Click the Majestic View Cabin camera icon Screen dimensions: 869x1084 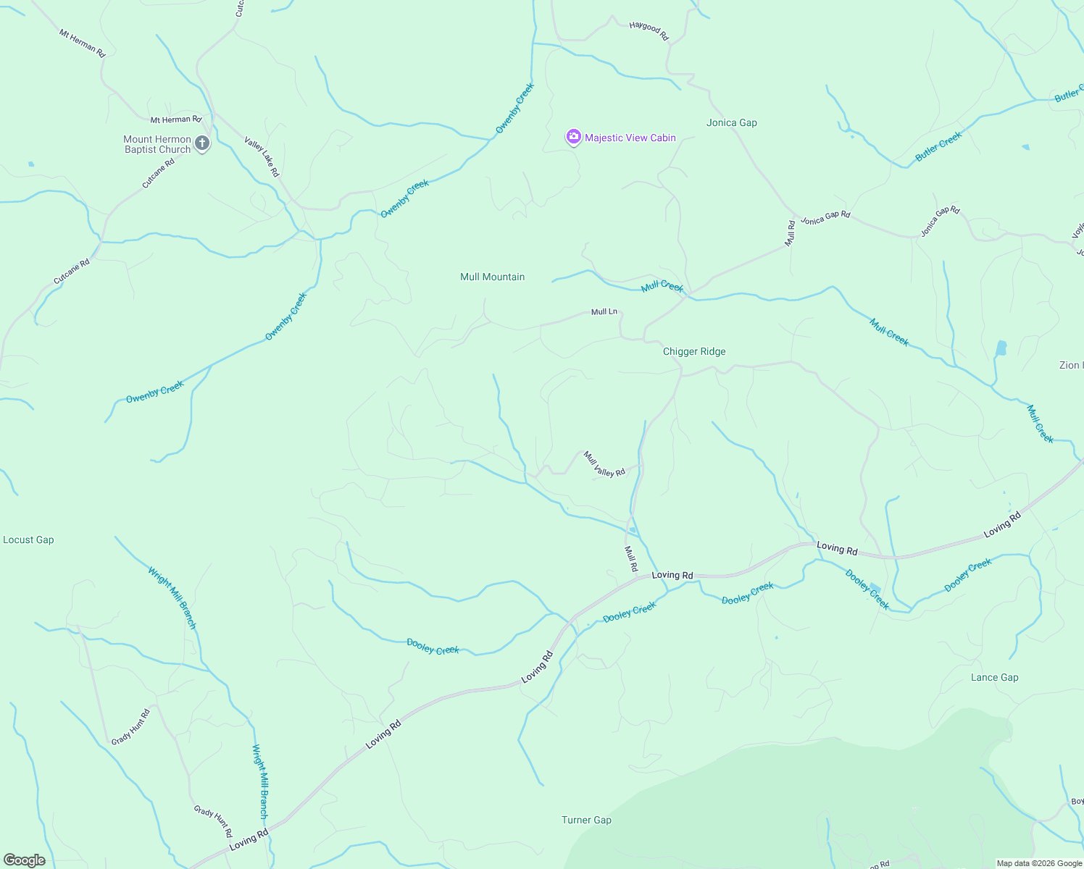click(x=573, y=137)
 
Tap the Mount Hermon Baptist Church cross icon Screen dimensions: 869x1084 click(x=202, y=143)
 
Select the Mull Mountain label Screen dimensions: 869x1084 click(x=492, y=277)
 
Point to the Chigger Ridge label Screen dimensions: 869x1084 click(x=693, y=351)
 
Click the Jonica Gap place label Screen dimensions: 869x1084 click(x=731, y=122)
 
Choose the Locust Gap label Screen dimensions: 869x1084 click(x=28, y=540)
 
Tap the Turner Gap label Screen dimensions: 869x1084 click(x=586, y=820)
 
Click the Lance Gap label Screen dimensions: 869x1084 click(x=994, y=677)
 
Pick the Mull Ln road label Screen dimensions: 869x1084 click(x=604, y=312)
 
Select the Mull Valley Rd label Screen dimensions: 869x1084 click(x=604, y=463)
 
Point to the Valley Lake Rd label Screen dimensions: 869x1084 click(x=262, y=157)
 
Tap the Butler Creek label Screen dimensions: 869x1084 click(x=938, y=146)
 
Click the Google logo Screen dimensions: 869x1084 click(x=25, y=860)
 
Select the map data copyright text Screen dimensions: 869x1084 click(x=1039, y=863)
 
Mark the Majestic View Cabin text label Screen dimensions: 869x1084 click(x=630, y=138)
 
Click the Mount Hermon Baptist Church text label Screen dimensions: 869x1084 click(x=157, y=144)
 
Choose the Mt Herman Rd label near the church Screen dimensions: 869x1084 click(x=175, y=119)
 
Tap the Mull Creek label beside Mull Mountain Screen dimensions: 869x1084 click(x=662, y=287)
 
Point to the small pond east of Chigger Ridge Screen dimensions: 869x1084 click(x=1001, y=348)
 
